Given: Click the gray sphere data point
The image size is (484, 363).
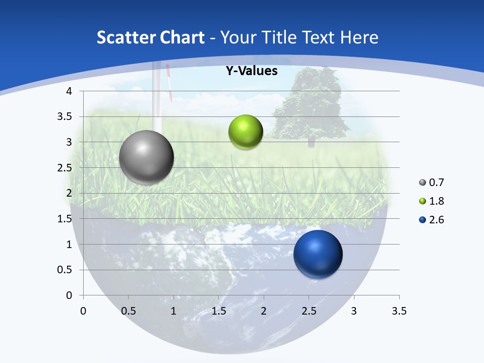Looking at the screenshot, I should click(x=147, y=157).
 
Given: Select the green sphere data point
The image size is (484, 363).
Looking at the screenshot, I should click(x=246, y=132).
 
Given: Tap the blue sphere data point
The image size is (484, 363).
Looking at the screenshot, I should click(x=318, y=254).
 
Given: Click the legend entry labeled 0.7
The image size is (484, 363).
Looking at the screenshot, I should click(x=432, y=182).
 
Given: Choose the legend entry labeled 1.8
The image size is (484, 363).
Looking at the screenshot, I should click(x=432, y=201).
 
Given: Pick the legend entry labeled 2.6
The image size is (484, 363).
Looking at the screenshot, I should click(x=432, y=220).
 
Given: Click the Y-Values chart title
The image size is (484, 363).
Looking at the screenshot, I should click(x=251, y=71).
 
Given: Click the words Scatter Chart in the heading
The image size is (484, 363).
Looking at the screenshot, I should click(x=150, y=37).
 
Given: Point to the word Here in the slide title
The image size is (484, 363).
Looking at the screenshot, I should click(x=358, y=37).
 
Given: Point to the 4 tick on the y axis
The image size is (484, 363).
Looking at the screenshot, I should click(x=70, y=91).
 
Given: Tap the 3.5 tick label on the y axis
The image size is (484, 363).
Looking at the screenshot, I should click(x=66, y=116).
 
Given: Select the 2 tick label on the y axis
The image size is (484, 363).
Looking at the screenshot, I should click(x=70, y=193).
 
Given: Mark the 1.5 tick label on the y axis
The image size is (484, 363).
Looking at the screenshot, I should click(x=66, y=219).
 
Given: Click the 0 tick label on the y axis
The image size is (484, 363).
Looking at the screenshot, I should click(x=70, y=295).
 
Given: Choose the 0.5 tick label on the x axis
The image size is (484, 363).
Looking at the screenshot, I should click(x=129, y=311).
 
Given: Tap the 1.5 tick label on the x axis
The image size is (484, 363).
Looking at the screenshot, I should click(x=219, y=311).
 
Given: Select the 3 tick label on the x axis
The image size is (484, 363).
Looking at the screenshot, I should click(x=354, y=311).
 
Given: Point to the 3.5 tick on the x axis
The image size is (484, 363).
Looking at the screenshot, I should click(x=399, y=311).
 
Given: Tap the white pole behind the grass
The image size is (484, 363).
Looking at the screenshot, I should click(x=157, y=101).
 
